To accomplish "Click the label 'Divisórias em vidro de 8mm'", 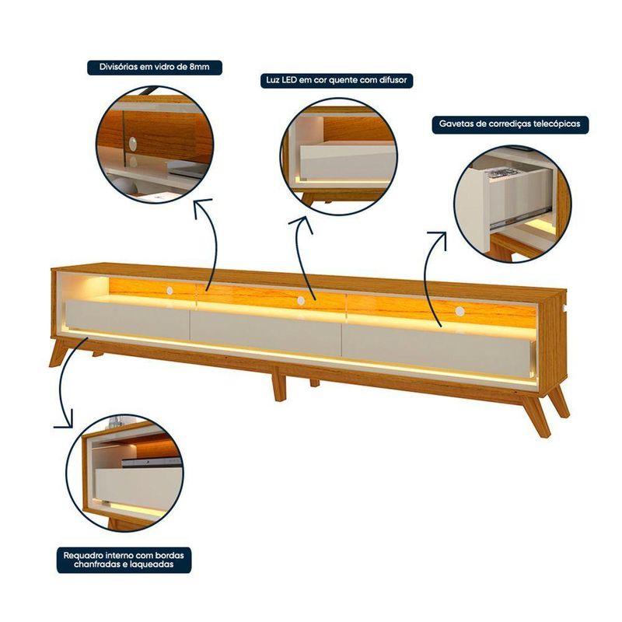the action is pos(154,67).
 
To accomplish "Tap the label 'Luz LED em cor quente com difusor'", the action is pos(337,80).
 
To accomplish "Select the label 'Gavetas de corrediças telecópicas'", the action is pos(510,124).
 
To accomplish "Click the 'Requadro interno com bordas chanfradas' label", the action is pos(124,559).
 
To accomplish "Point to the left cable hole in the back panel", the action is pos(169,291).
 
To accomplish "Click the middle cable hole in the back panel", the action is pos(301,300).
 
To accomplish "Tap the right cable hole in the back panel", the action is pos(460,312).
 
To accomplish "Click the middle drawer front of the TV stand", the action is pos(266,334).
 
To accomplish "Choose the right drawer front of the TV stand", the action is pos(436,351).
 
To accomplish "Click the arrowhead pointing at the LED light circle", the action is pos(302,225).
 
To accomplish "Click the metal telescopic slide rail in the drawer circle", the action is pos(520,216).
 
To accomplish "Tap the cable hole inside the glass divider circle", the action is pos(133,144).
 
